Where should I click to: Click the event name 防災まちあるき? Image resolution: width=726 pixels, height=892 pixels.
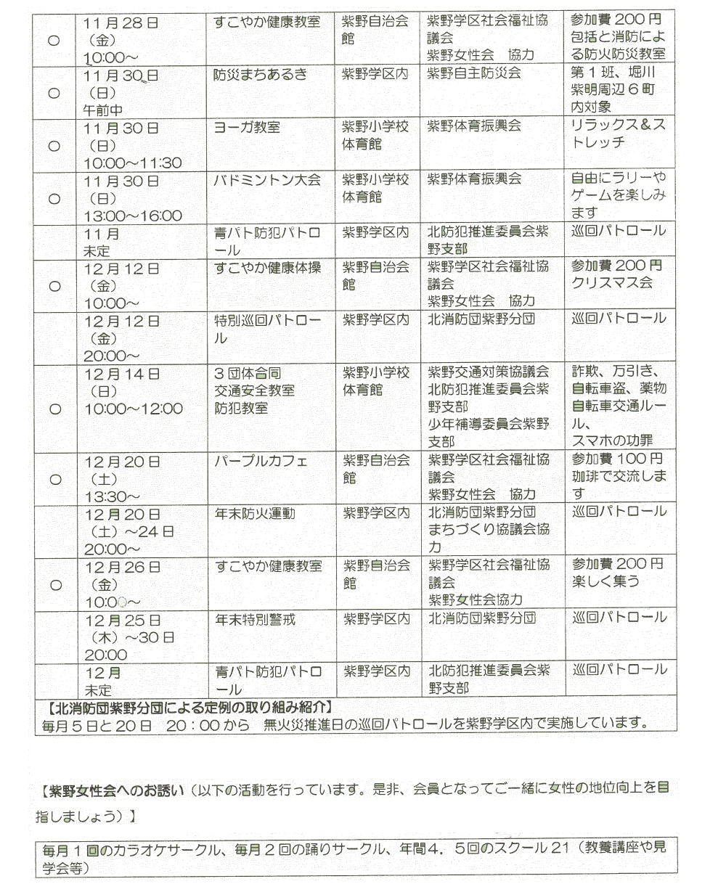click(x=260, y=74)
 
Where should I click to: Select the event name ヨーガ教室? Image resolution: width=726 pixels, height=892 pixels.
click(x=247, y=127)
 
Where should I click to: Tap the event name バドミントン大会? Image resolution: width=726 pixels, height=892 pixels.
click(x=266, y=180)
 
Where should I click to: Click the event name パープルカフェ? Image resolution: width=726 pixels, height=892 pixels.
click(x=261, y=461)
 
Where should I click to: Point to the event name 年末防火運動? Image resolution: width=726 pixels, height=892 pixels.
click(x=255, y=514)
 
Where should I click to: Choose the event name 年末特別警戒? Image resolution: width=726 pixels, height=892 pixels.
click(x=255, y=619)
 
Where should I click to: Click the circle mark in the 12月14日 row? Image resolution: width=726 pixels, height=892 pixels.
click(x=54, y=409)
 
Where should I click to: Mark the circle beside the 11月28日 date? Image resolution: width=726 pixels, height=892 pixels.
click(x=54, y=41)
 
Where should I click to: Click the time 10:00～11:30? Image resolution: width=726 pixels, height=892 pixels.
click(x=133, y=163)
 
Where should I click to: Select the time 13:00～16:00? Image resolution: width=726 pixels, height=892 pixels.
click(x=133, y=216)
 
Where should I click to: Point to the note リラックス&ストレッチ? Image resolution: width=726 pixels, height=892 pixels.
click(x=618, y=135)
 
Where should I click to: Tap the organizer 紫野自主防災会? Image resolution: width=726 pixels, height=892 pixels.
click(x=474, y=74)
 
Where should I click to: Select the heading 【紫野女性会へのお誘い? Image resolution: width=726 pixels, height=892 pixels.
click(x=110, y=789)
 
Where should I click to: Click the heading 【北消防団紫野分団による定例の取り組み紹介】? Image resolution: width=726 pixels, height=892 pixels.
click(x=185, y=706)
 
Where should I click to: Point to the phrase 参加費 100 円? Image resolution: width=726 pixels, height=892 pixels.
click(x=617, y=459)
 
